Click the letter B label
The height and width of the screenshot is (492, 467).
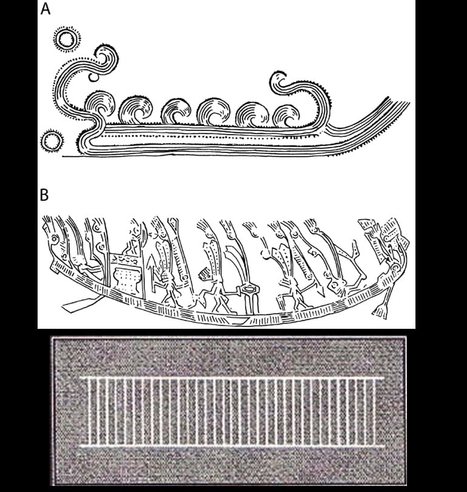coord(44,195)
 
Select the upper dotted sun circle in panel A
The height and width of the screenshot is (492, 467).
coord(67,39)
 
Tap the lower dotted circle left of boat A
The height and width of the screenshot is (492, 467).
coord(52,141)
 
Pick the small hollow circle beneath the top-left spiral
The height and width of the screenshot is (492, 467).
coord(93,77)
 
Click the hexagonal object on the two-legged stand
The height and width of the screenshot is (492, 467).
coord(249,288)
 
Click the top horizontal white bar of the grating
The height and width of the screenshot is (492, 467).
coord(232,379)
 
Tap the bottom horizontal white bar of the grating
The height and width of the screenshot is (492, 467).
coord(232,446)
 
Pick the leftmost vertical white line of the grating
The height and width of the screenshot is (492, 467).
coord(89,413)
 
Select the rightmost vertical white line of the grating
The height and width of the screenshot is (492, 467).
coord(374,413)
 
